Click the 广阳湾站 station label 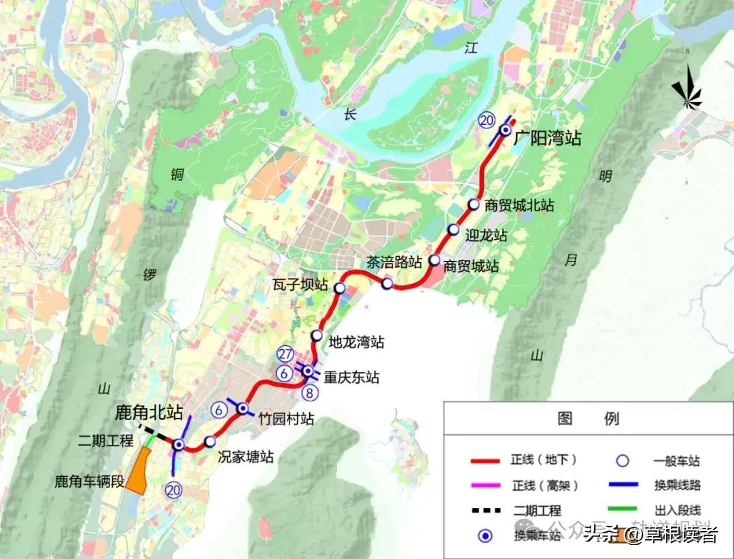coord(547,139)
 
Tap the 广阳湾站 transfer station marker coord(506,130)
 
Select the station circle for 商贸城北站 coord(474,205)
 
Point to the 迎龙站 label coord(486,236)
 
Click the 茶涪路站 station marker coord(387,283)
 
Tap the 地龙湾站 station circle coord(317,336)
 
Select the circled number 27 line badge coord(285,354)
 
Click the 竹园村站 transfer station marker coord(242,408)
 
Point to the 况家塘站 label coord(245,456)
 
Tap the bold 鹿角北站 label coord(149,412)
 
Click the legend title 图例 coord(587,418)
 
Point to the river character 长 coord(349,114)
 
